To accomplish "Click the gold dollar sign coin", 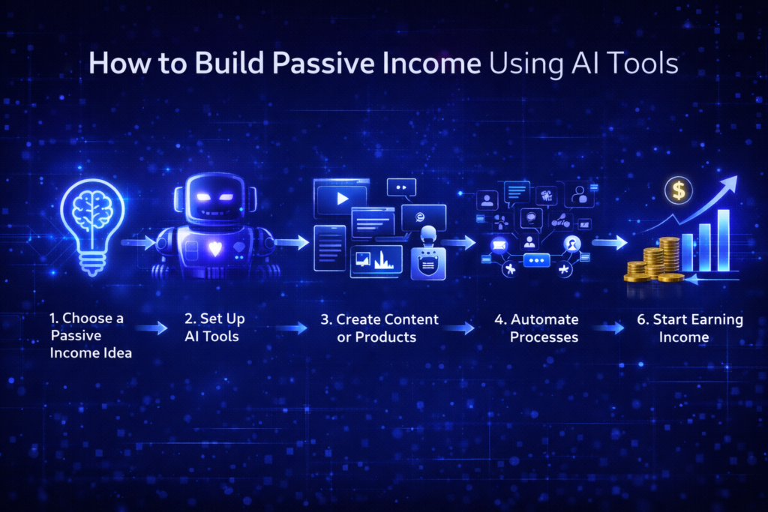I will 678,191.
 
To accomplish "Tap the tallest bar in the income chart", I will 723,240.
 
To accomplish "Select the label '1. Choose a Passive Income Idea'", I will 91,335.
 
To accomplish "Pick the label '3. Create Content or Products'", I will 379,328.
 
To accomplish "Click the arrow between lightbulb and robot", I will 138,243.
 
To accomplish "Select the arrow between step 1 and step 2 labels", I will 152,328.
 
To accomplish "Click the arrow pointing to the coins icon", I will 609,243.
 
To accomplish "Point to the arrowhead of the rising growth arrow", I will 730,183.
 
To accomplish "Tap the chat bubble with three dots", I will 535,260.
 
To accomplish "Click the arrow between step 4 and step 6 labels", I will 609,328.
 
